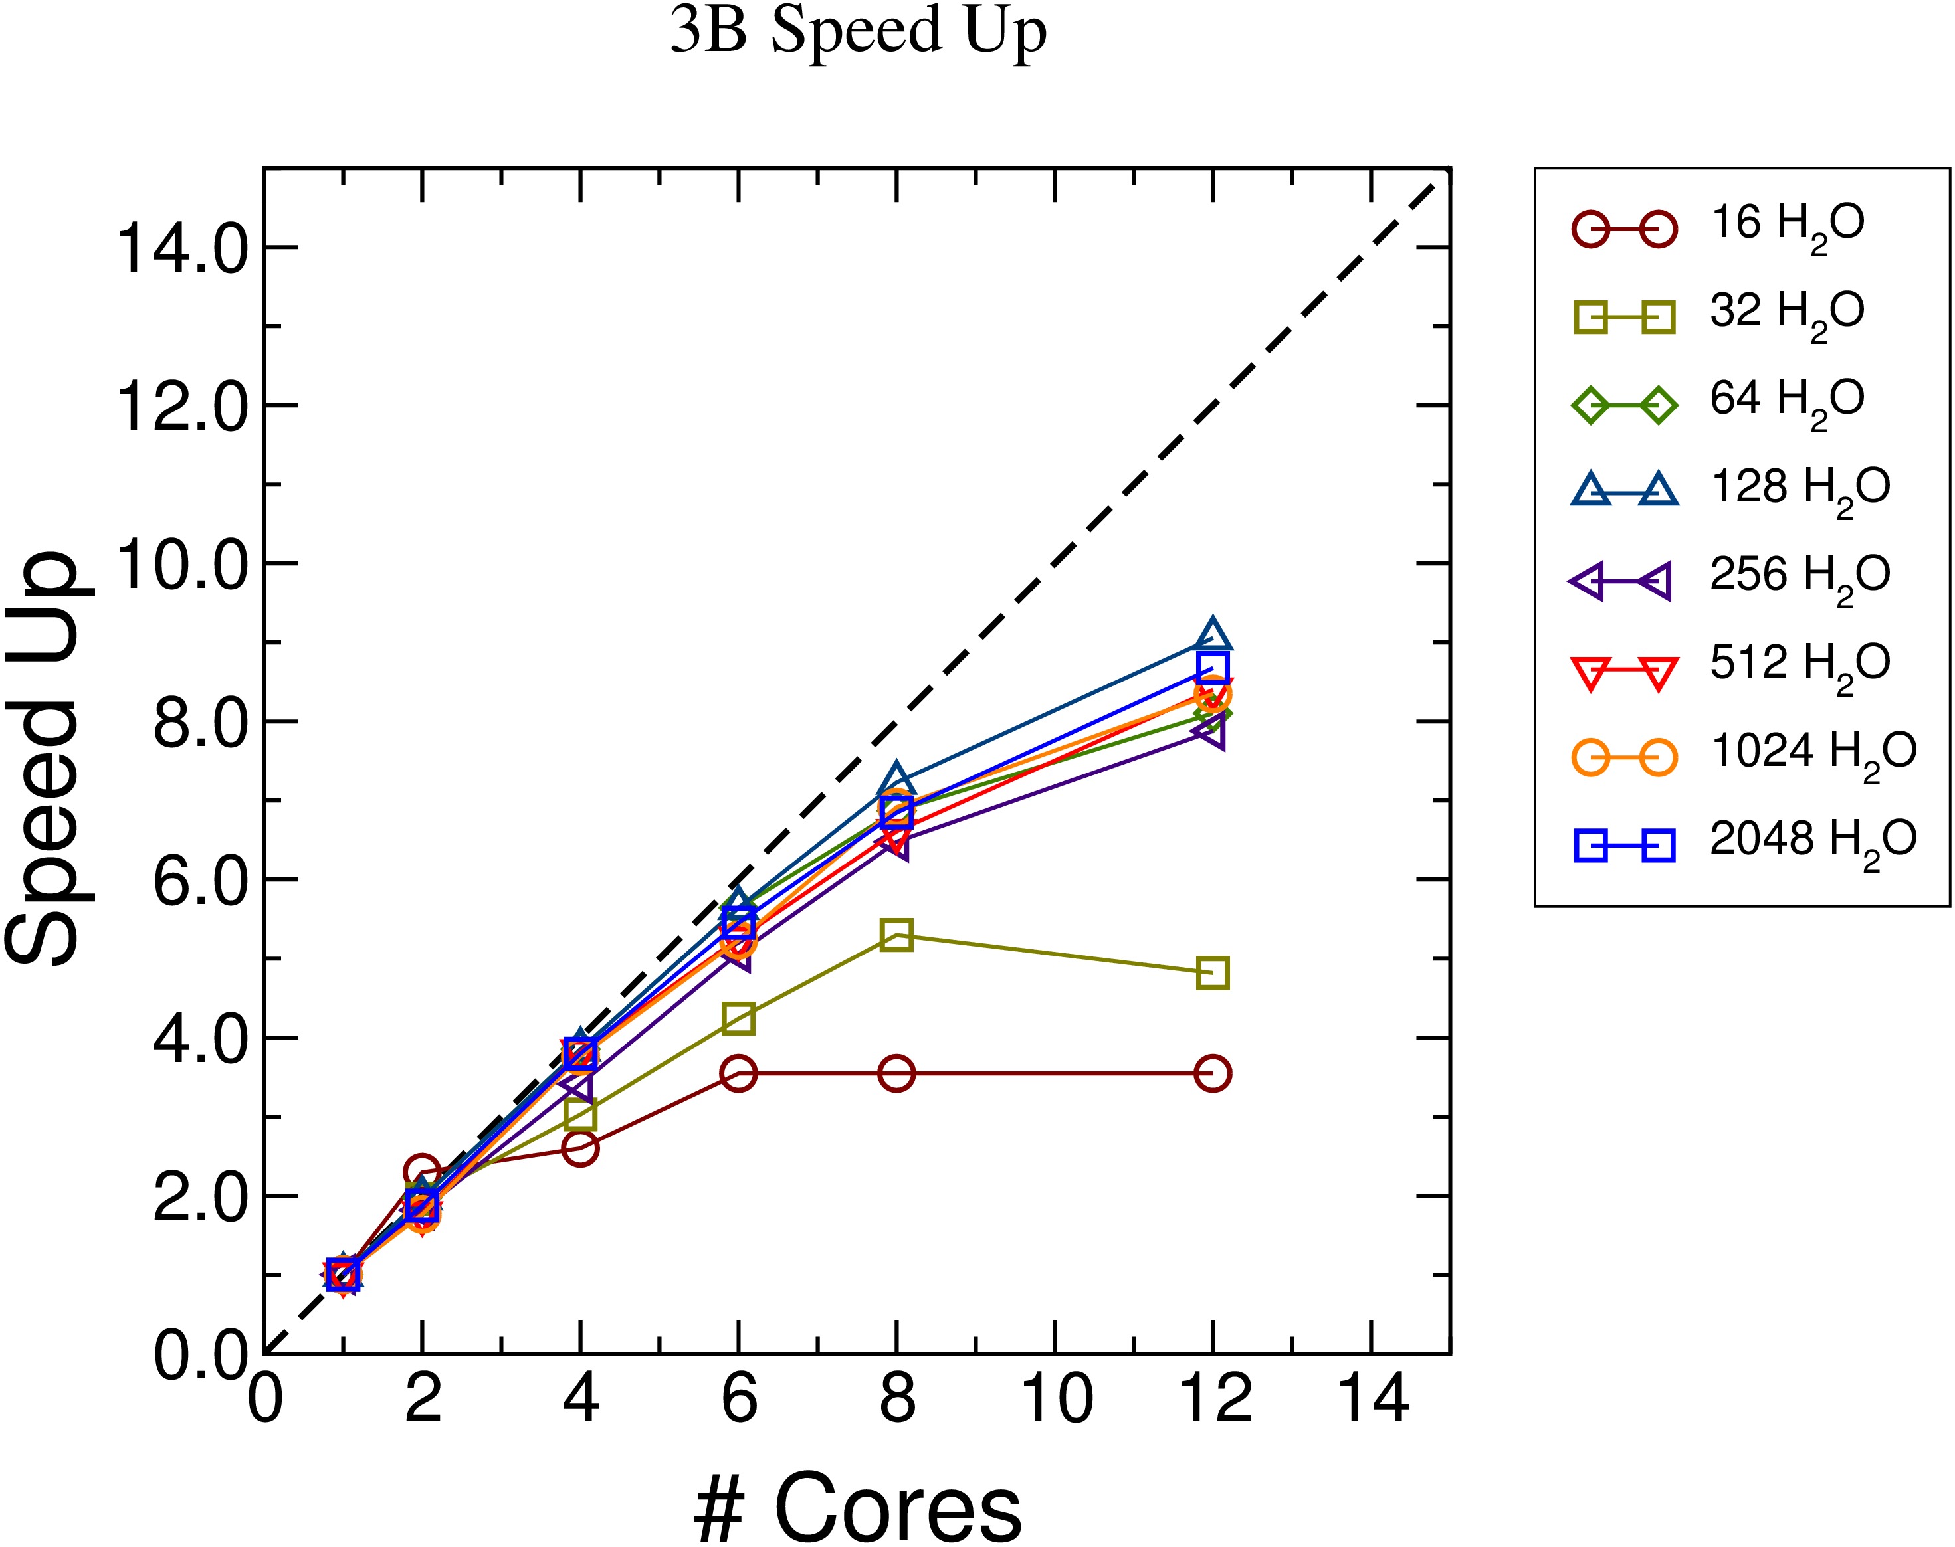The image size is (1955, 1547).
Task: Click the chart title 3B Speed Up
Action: coord(858,33)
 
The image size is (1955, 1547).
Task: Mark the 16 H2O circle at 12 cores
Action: coord(1212,1073)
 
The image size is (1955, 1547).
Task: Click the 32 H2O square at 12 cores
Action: coord(1212,972)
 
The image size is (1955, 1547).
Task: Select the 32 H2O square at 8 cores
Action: coord(896,934)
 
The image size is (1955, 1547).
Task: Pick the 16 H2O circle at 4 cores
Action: coord(580,1148)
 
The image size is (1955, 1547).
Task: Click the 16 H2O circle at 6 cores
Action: coord(738,1073)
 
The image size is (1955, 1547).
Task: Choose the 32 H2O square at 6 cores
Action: coord(738,1018)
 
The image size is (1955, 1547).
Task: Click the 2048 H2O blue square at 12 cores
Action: coord(1212,668)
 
